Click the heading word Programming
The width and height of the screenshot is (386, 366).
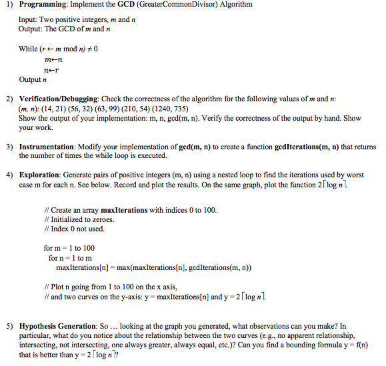[x=41, y=4]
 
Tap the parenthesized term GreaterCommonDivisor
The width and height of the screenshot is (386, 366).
[x=168, y=4]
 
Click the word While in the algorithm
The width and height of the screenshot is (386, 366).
[x=28, y=49]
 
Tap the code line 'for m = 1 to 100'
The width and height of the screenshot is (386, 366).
[x=69, y=248]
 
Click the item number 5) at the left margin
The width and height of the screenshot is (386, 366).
[x=10, y=327]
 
